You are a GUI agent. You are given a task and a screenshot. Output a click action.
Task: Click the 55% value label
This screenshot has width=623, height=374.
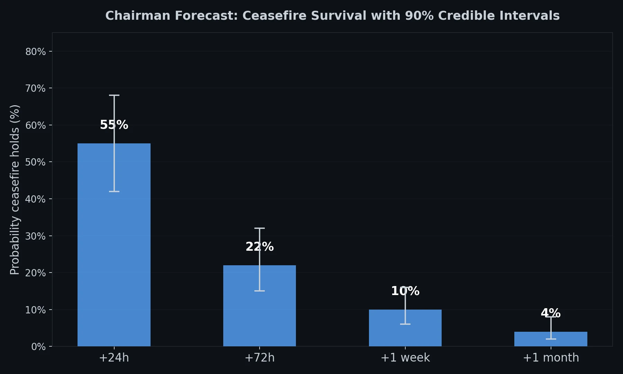point(114,125)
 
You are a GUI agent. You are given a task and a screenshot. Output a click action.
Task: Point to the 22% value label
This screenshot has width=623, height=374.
point(260,247)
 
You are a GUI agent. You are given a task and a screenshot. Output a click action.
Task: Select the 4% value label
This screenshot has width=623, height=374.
point(551,313)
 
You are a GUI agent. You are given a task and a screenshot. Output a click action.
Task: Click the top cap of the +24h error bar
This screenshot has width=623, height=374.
point(114,95)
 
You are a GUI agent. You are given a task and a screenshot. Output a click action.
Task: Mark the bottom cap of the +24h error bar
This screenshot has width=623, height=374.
point(114,192)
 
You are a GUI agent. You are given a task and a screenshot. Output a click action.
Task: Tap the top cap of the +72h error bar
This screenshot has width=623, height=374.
point(260,228)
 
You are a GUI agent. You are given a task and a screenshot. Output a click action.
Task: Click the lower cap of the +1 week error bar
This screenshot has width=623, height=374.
point(405,324)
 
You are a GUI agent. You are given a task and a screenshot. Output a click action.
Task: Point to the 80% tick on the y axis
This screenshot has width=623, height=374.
point(36,52)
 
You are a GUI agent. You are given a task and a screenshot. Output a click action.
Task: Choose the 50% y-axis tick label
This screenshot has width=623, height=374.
point(36,162)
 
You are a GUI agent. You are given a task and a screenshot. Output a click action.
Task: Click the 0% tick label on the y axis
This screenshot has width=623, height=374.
point(38,347)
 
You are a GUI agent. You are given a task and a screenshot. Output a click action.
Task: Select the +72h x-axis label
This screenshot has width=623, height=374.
point(260,358)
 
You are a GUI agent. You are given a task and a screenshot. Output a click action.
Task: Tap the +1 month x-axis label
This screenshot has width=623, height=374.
point(551,358)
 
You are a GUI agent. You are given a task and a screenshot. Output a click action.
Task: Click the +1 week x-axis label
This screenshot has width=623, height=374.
point(405,358)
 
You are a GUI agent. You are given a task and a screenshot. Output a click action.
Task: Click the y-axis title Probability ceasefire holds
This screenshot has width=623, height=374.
point(15,189)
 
